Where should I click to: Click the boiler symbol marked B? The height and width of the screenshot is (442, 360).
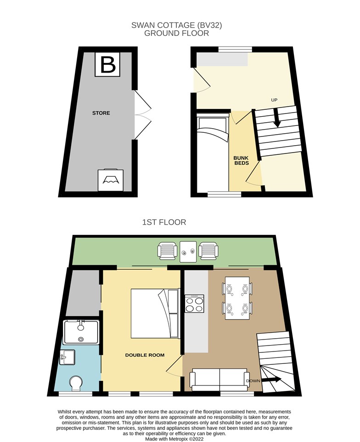click(x=107, y=64)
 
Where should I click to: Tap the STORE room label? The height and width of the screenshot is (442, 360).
click(x=101, y=113)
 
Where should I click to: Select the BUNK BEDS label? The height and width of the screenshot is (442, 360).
click(x=242, y=160)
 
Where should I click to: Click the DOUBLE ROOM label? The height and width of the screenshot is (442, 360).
click(x=145, y=355)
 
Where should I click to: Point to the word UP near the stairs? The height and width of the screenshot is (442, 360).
click(x=274, y=100)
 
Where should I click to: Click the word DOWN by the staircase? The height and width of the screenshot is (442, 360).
click(x=253, y=381)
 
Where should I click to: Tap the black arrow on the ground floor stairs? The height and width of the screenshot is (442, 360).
click(x=277, y=117)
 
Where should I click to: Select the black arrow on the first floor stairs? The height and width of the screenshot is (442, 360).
click(x=271, y=380)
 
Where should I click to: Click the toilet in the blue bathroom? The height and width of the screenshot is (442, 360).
click(x=76, y=383)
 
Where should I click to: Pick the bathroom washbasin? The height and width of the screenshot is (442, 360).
click(x=67, y=357)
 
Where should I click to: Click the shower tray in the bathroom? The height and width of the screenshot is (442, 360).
click(x=81, y=332)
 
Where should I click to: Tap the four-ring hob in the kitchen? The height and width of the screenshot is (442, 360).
click(x=194, y=304)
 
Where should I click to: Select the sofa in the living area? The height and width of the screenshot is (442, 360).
click(x=219, y=380)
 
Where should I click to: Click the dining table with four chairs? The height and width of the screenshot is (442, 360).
click(x=237, y=298)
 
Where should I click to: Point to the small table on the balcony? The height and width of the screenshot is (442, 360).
click(x=188, y=251)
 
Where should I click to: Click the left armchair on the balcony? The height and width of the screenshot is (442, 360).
click(x=167, y=251)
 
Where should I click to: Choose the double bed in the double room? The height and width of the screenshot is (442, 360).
click(x=155, y=313)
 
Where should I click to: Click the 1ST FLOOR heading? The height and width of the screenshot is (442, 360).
click(x=164, y=222)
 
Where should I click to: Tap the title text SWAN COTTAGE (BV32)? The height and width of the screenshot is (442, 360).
click(x=177, y=25)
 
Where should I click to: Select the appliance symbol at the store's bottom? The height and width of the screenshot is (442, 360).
click(x=111, y=180)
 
